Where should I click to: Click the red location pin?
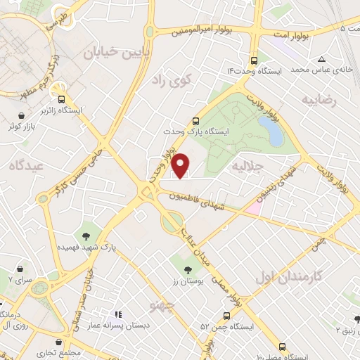click(x=181, y=165)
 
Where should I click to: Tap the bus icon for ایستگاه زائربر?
click(x=62, y=99)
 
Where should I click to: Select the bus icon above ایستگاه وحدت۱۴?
click(x=254, y=60)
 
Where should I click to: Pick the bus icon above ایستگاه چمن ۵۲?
click(x=226, y=316)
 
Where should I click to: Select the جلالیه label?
click(x=247, y=167)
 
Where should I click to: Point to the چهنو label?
click(x=162, y=304)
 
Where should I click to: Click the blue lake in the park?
click(x=270, y=131)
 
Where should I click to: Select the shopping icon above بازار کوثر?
click(x=23, y=115)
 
